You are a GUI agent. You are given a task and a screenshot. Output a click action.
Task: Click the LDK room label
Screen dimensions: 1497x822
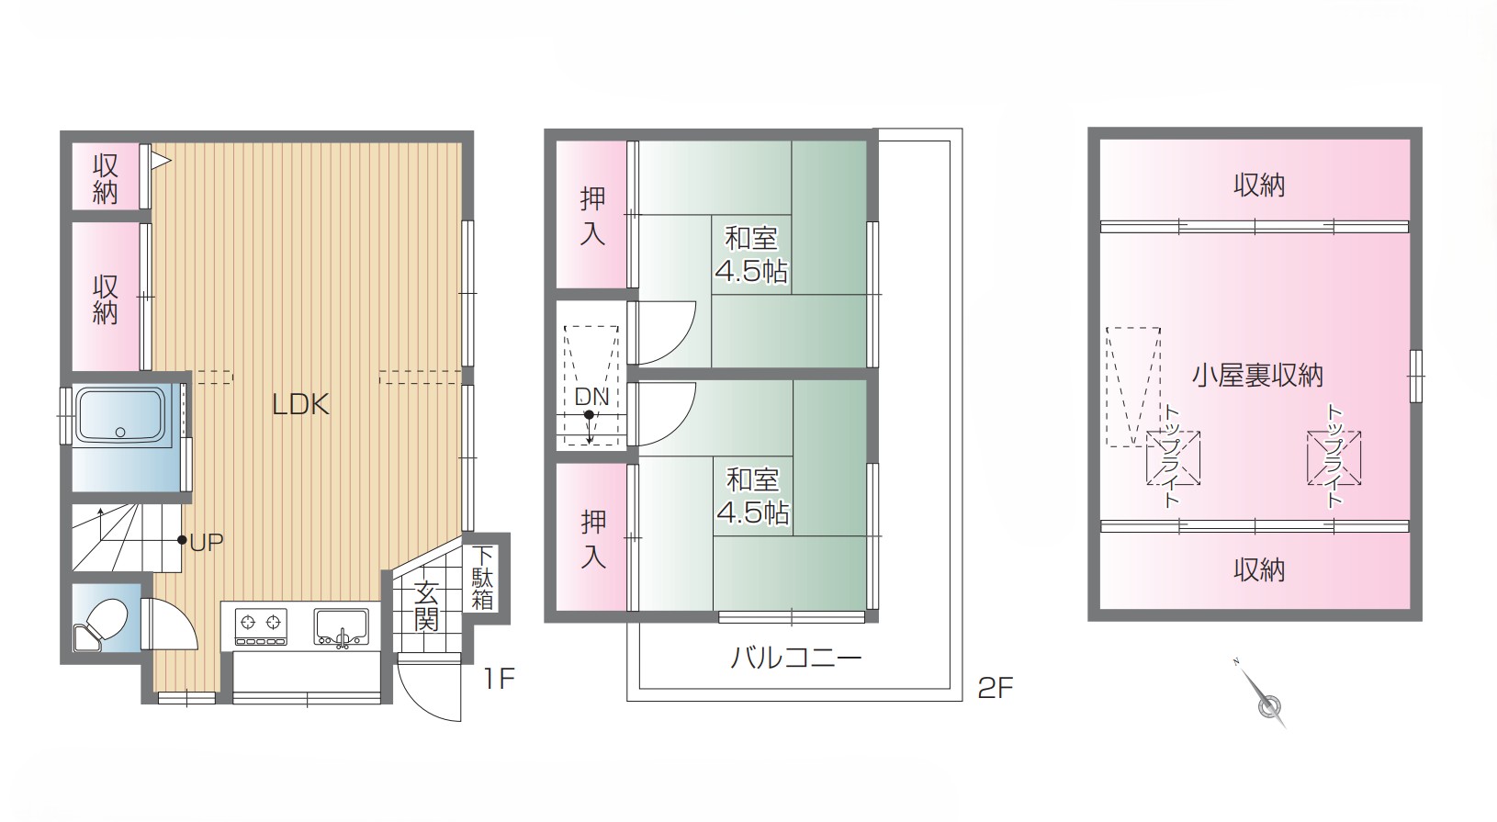(300, 405)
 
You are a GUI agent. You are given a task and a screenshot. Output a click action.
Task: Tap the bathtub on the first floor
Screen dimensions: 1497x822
(120, 416)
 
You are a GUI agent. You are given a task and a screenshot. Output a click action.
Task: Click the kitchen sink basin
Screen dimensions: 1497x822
(342, 627)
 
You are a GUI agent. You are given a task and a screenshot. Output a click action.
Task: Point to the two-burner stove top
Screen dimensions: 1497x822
(261, 627)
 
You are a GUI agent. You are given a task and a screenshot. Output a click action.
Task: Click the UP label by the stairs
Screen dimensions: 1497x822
(207, 543)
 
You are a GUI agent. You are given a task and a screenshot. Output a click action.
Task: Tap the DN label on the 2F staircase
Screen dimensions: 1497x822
(591, 397)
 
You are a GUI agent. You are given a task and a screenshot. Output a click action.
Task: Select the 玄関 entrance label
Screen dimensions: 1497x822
(426, 607)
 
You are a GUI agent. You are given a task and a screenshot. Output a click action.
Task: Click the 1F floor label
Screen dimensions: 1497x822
(499, 679)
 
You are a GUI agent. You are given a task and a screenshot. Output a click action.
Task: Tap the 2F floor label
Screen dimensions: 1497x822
(996, 688)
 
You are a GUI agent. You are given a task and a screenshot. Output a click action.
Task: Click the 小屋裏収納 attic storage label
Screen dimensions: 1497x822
(1257, 376)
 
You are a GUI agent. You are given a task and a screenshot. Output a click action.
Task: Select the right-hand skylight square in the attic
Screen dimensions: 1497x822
(1334, 457)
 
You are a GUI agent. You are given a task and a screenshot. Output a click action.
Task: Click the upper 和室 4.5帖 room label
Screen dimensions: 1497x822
(751, 255)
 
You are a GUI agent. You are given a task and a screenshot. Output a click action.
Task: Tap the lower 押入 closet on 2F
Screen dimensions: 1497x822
(592, 538)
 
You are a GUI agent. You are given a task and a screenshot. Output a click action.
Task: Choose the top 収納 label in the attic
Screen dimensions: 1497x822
(1259, 186)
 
